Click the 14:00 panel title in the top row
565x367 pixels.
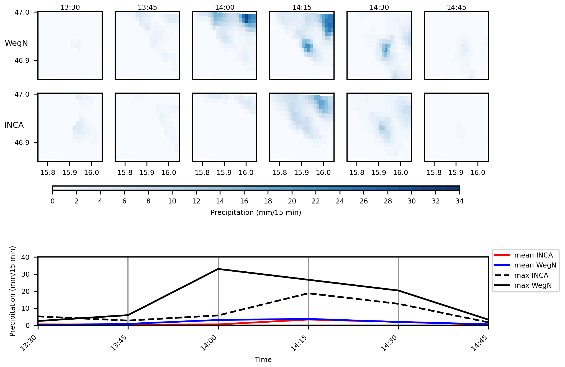(225, 7)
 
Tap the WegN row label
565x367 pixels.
(16, 43)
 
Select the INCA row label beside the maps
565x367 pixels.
(14, 125)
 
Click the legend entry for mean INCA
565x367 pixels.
(533, 255)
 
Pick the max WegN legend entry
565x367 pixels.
(533, 286)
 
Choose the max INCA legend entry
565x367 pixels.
(531, 276)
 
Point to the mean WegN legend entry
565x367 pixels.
(535, 265)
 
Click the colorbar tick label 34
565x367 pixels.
(459, 201)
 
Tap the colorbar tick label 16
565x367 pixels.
(244, 201)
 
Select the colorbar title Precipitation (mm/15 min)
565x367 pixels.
(256, 213)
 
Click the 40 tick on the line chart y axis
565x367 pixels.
(25, 257)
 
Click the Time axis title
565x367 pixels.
(263, 360)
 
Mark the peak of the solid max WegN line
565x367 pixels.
(218, 269)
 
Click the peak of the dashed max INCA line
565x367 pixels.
(308, 293)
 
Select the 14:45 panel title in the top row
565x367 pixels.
(456, 7)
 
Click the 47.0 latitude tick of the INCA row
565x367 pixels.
(22, 95)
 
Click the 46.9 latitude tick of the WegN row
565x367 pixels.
(22, 60)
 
